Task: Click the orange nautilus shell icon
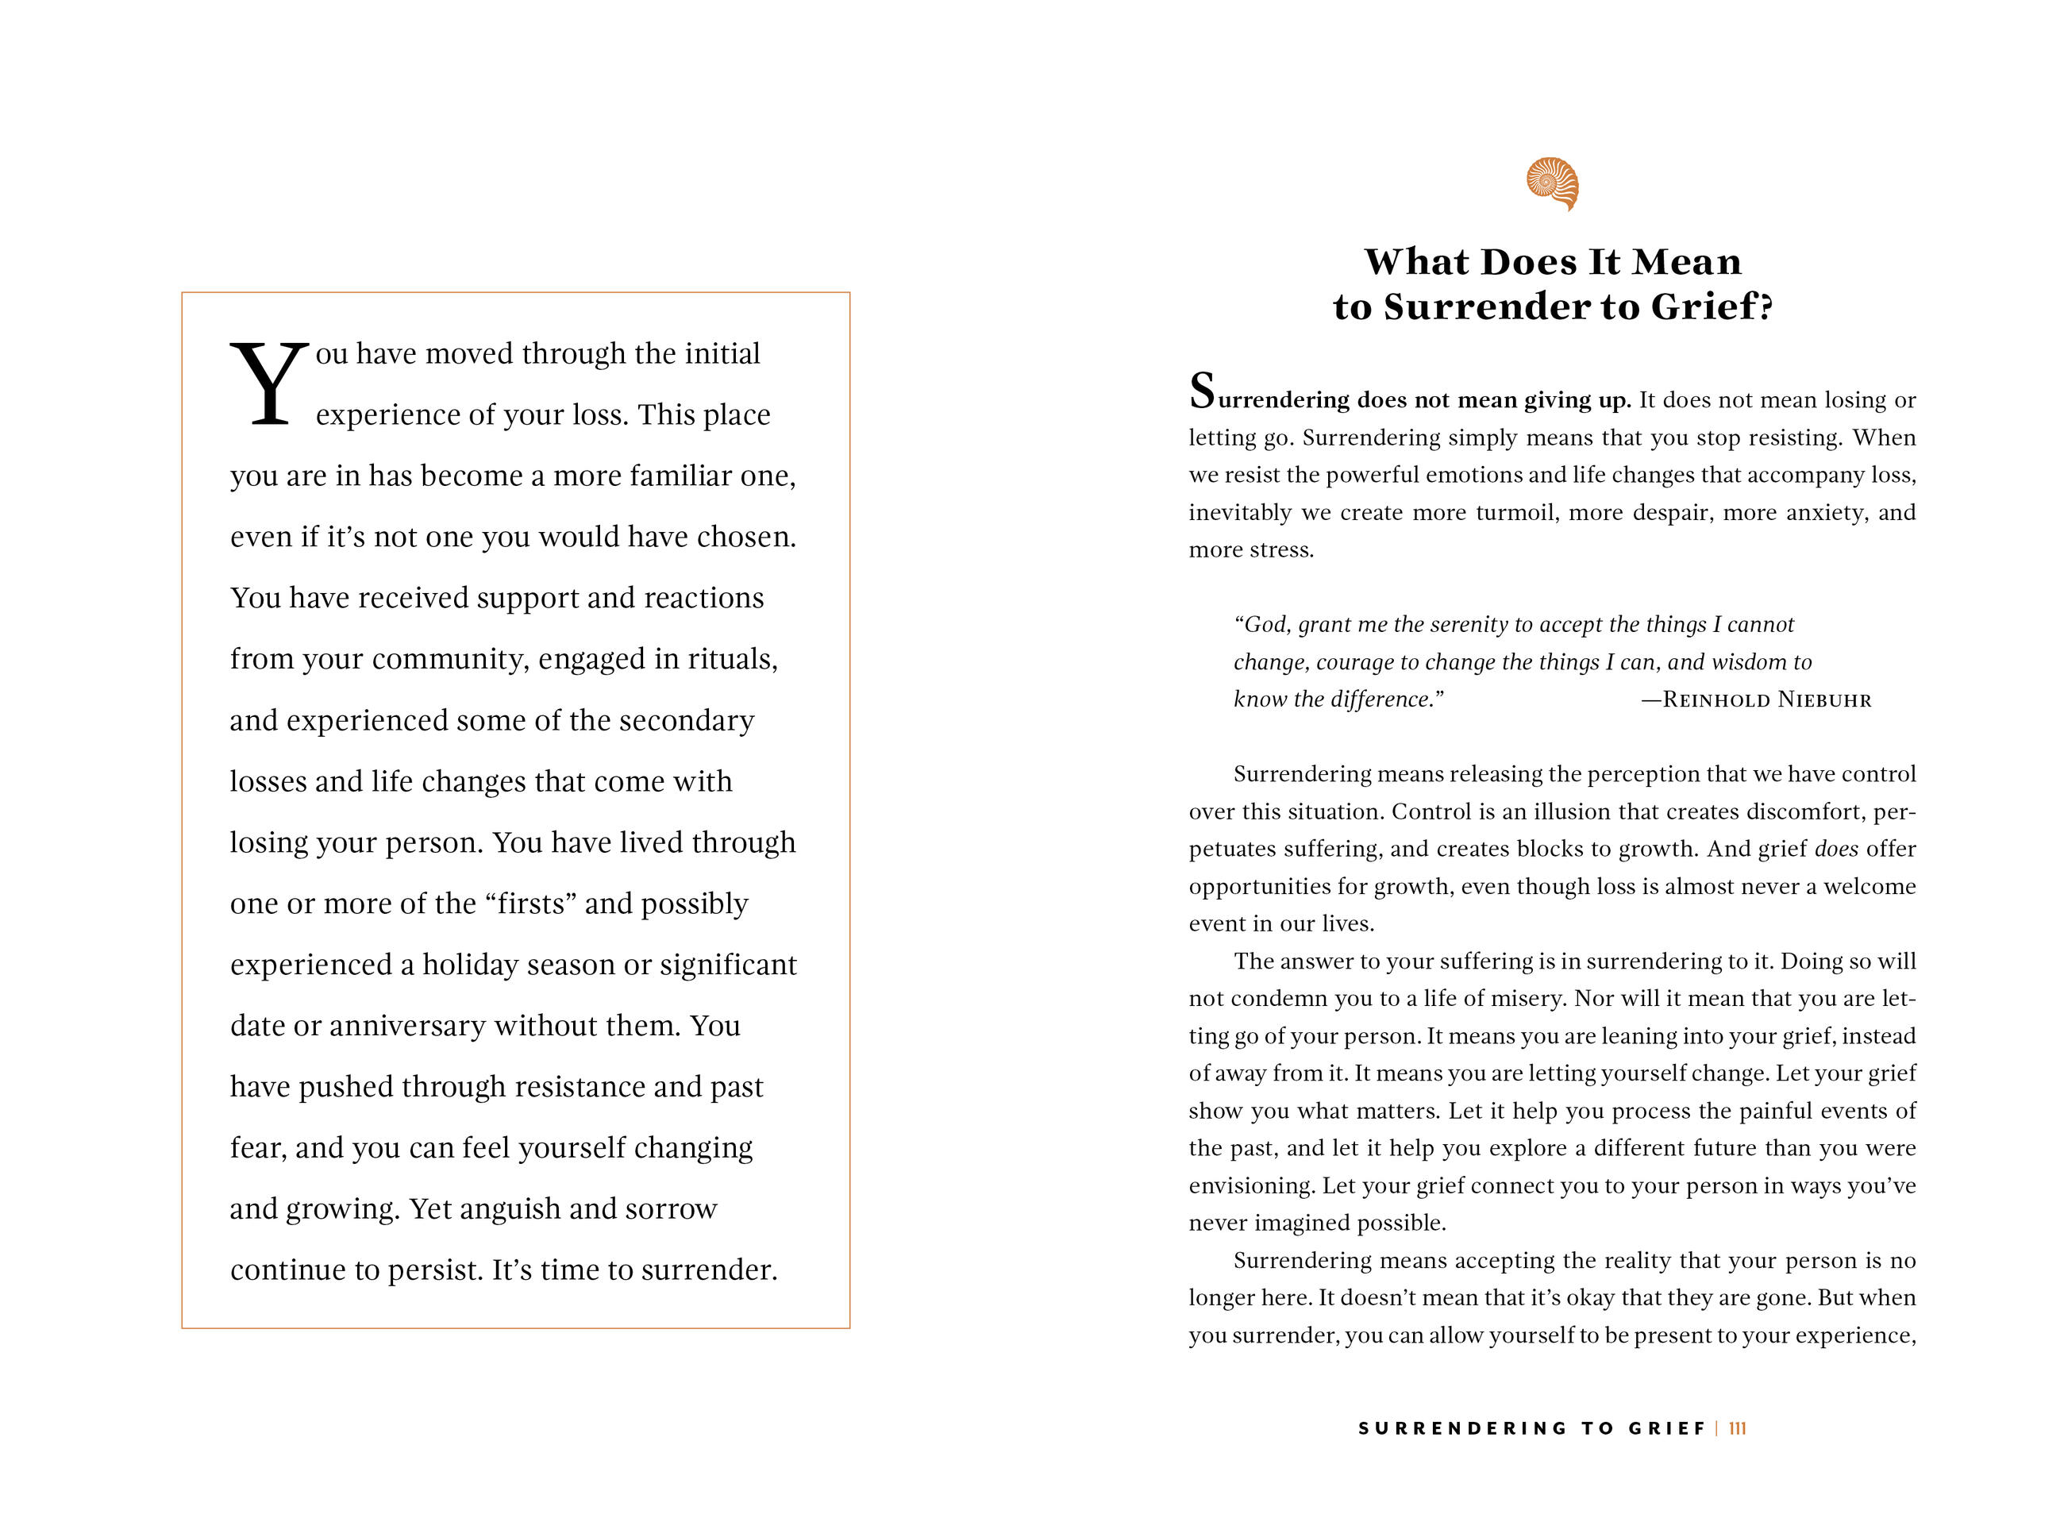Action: pos(1553,183)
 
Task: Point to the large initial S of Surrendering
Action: pos(1201,391)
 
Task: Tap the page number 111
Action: pos(1737,1428)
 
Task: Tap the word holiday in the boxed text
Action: pos(464,965)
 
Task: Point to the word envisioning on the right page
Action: pos(1251,1186)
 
